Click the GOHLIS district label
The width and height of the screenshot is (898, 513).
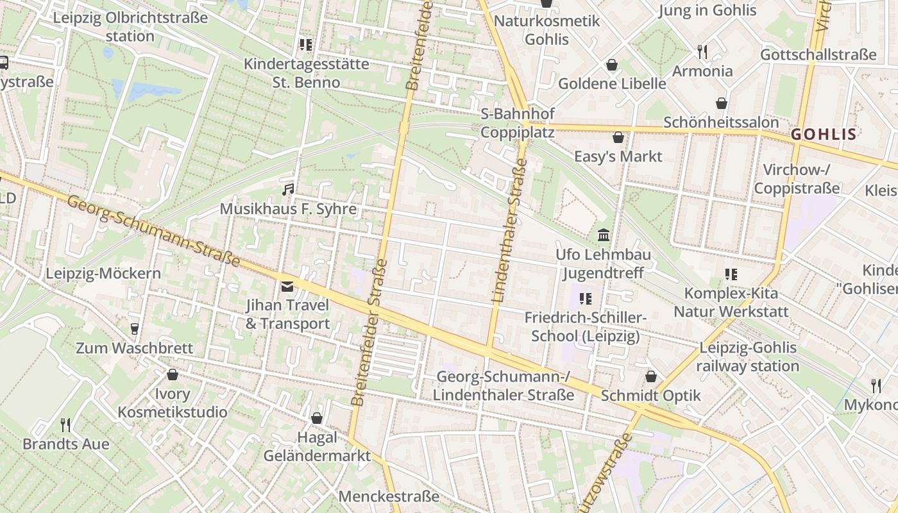[824, 134]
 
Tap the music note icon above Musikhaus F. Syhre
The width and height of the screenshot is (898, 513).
[288, 189]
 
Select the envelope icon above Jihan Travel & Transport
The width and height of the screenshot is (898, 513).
[287, 286]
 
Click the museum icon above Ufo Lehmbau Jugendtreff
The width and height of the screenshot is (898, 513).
[604, 235]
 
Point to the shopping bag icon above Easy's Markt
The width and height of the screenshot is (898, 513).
[618, 137]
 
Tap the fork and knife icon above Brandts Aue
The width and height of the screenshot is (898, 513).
[65, 425]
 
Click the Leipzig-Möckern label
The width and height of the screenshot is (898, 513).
[103, 274]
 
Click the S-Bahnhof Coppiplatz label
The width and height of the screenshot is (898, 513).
[518, 123]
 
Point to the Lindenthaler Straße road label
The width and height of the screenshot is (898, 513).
[509, 231]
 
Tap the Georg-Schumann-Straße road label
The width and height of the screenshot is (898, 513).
[153, 231]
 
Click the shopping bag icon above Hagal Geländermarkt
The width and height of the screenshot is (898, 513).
[317, 418]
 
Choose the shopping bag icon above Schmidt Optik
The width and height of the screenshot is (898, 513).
[651, 376]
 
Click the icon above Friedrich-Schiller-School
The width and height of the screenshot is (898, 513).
[585, 298]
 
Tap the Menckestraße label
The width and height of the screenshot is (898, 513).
[389, 496]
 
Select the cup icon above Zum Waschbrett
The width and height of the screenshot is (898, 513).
[134, 329]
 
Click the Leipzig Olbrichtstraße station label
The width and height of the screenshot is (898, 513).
[130, 26]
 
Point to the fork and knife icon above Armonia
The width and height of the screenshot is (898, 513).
[702, 51]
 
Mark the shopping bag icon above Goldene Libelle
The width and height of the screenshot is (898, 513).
[612, 65]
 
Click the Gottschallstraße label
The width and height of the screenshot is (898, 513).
[818, 55]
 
